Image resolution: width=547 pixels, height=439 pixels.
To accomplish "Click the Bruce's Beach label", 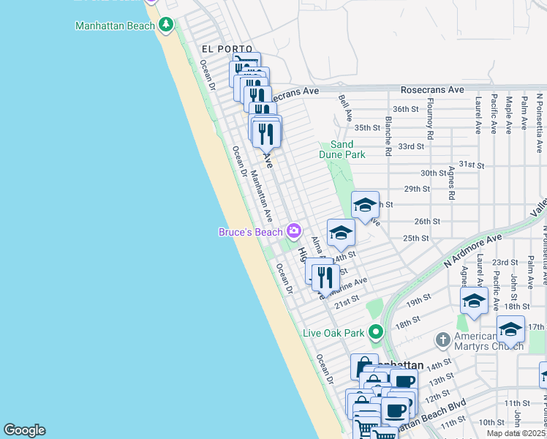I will coord(251,232).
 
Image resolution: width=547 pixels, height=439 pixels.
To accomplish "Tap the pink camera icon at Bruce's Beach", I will coord(294,231).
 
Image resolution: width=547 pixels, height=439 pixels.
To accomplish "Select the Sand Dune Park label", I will coord(342,149).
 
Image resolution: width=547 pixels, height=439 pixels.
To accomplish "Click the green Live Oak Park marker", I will coord(376,332).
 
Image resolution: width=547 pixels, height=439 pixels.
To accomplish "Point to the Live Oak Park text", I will coord(333,333).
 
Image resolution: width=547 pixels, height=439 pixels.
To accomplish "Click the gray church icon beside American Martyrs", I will coord(442,339).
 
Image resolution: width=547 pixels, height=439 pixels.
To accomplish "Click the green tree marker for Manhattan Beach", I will coord(167,26).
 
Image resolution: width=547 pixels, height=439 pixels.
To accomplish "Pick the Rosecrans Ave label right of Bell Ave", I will coord(432,90).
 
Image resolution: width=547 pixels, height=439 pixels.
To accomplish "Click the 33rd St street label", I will coord(411,146).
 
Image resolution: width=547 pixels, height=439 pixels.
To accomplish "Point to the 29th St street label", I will coord(416,189).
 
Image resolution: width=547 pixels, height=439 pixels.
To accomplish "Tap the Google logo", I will coord(24,430).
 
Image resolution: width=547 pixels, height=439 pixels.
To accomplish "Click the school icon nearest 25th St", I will coord(341,233).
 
